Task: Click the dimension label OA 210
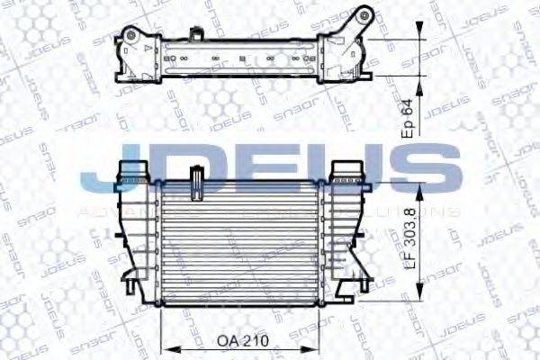[x=242, y=341]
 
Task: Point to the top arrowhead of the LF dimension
[x=419, y=183]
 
